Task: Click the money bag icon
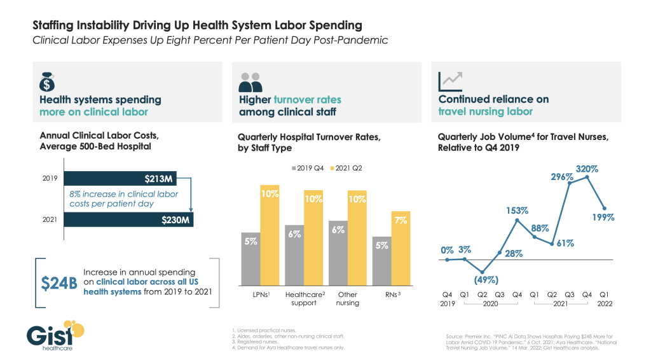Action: (x=47, y=80)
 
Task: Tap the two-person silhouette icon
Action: (x=250, y=82)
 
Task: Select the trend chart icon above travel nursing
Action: (x=451, y=80)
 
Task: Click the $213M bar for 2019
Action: (x=127, y=179)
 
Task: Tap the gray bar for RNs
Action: (x=382, y=261)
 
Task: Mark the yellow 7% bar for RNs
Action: (x=401, y=248)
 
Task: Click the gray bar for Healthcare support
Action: (x=294, y=254)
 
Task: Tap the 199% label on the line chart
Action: (x=605, y=218)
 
